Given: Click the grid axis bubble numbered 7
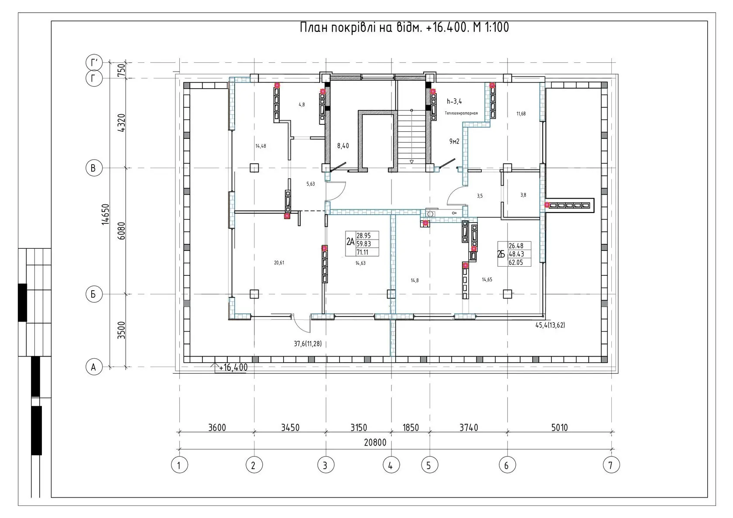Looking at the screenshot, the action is (611, 465).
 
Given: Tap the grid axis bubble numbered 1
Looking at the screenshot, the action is (179, 465).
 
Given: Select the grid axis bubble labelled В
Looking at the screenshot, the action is (94, 168).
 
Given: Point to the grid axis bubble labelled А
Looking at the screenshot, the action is (94, 367).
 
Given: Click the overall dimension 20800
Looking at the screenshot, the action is (375, 443).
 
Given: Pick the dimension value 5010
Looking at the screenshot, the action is (559, 427).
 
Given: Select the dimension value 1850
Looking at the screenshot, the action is (410, 427).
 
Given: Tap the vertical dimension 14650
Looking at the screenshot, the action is (106, 214).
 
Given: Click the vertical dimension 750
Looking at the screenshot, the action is (121, 70).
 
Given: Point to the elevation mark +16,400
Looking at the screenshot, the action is (233, 367).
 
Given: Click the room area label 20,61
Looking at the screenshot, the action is (279, 262).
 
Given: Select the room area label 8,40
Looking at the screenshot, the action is (343, 146).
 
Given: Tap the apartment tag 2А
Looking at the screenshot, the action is (350, 242).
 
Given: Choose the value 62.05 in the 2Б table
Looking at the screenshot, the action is (516, 262).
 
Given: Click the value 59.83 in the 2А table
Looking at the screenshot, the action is (363, 244).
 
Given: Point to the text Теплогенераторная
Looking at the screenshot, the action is (461, 113).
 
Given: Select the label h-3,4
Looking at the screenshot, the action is (454, 101).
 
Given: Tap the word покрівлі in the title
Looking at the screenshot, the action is (353, 27).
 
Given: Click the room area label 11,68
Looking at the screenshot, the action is (521, 113).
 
